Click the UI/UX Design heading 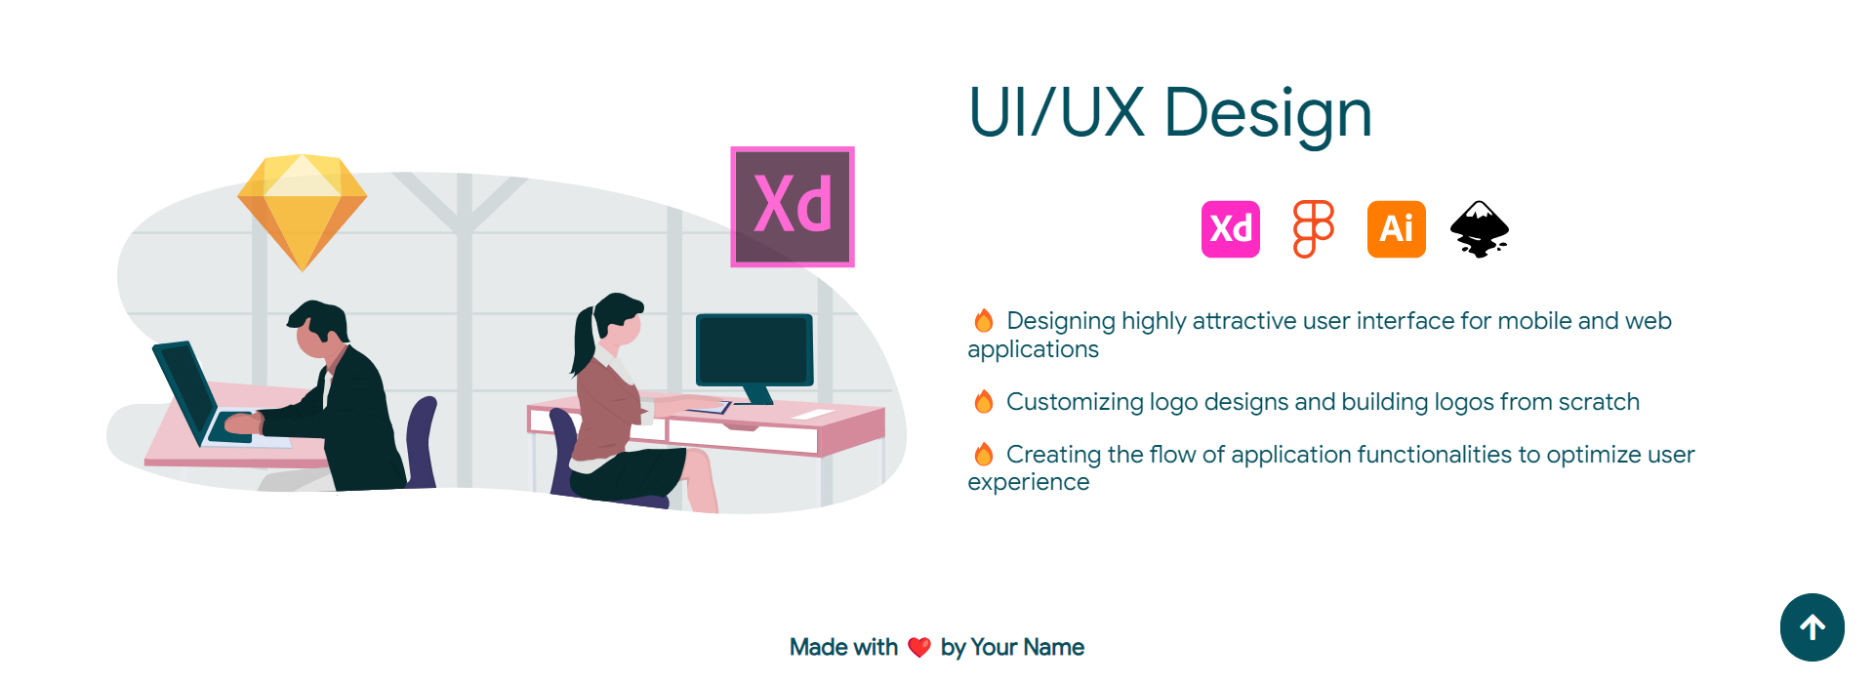(x=1169, y=112)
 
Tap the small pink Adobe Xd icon (x=1230, y=229)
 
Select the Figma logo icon (x=1313, y=229)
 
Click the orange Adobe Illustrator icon (x=1396, y=229)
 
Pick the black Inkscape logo (x=1479, y=229)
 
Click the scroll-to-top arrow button (x=1812, y=627)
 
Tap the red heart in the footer (x=918, y=648)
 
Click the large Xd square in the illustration (x=793, y=207)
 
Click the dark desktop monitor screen (x=754, y=349)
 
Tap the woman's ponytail (x=584, y=342)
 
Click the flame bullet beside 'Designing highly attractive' (x=984, y=321)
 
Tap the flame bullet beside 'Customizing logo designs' (x=984, y=402)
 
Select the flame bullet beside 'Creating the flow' (x=984, y=455)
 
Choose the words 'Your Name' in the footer (x=1027, y=648)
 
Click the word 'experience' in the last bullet (x=1028, y=482)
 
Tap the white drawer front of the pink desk (x=742, y=436)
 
